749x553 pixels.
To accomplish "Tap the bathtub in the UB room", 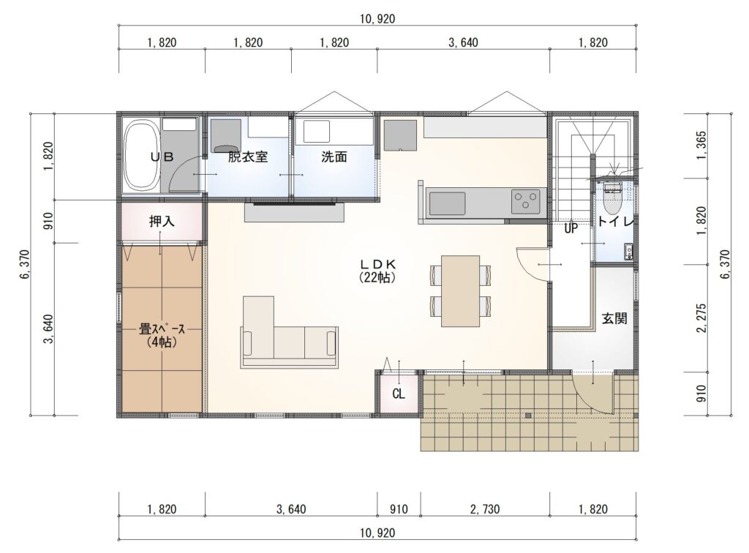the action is tap(141, 157).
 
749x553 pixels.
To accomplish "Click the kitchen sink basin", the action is tap(447, 203).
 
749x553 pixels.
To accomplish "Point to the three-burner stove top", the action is tap(525, 201).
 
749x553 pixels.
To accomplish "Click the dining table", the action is tap(460, 291).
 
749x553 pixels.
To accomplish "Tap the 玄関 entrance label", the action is tap(614, 318).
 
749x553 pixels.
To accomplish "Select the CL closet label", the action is tap(399, 394).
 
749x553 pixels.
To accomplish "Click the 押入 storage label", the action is tap(162, 221).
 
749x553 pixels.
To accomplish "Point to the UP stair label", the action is tap(571, 229).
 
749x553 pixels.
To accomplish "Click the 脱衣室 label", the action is tap(248, 157).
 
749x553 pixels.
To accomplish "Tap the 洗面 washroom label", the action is tap(334, 157).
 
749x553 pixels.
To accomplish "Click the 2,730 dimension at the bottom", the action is tap(485, 509).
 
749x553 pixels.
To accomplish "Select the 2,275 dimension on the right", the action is tap(701, 318).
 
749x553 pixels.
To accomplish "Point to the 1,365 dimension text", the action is tap(701, 146).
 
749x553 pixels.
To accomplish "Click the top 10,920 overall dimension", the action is tap(377, 18).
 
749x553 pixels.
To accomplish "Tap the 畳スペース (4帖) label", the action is tap(162, 335).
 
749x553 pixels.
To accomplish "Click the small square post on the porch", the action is tap(528, 415).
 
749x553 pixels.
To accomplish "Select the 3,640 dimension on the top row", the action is tap(463, 42).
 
